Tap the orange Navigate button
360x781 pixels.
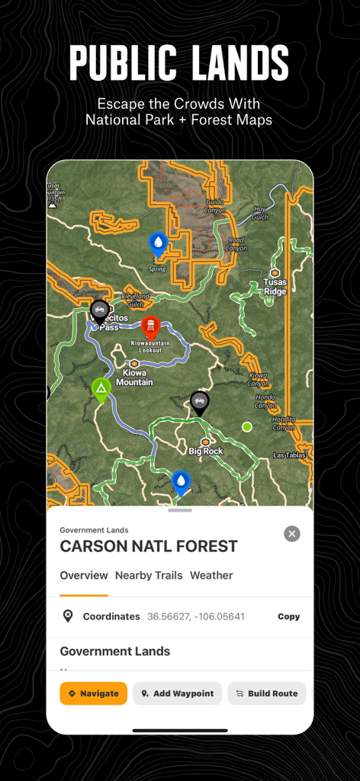point(94,693)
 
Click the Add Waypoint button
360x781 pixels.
point(177,693)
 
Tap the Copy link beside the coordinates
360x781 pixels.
point(288,616)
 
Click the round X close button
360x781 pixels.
point(292,534)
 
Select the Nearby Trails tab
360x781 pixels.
point(149,575)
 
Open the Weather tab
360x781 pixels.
point(211,575)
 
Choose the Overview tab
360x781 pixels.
point(84,575)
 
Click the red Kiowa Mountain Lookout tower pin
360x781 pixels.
point(151,327)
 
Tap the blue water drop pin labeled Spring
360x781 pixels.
point(158,244)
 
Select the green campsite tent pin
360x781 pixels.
point(101,389)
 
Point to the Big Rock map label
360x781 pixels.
point(206,451)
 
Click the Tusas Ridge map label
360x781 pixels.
point(275,287)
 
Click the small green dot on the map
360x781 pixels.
point(246,426)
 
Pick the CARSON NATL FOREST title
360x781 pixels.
point(149,546)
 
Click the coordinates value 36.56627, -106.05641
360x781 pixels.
point(196,616)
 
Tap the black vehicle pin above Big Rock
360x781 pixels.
point(200,401)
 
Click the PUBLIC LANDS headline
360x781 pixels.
point(179,63)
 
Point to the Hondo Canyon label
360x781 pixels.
point(265,401)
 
